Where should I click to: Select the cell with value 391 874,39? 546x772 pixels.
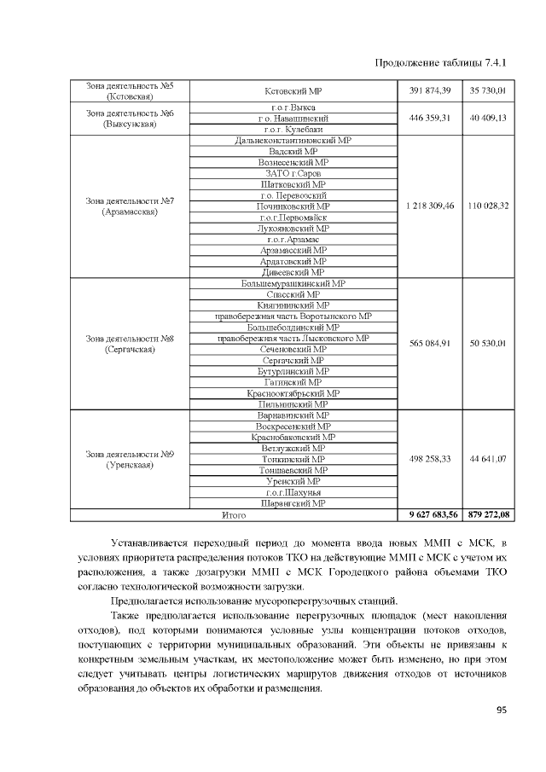coord(430,90)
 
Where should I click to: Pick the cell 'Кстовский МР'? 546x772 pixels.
coord(293,90)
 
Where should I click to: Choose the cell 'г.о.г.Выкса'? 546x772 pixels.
coord(293,107)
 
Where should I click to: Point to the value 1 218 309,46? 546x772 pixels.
coord(430,206)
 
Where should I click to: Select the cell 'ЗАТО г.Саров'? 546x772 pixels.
coord(293,173)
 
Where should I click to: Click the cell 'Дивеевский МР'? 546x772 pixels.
coord(293,272)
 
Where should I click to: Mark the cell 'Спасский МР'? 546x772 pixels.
coord(293,294)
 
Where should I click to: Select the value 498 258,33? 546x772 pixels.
coord(430,459)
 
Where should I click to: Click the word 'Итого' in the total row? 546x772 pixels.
coord(234,514)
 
